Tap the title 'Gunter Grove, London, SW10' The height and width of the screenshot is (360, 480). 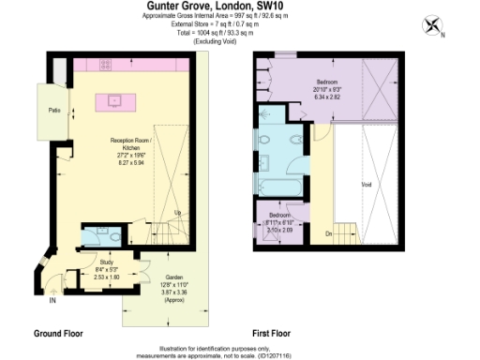tap(203, 6)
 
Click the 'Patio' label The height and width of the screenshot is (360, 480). tap(55, 110)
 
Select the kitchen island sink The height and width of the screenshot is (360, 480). tap(116, 98)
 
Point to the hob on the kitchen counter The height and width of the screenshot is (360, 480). tap(105, 65)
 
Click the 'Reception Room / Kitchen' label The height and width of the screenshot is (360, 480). tap(126, 145)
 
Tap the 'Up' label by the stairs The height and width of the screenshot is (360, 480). tap(178, 212)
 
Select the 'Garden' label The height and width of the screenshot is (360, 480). tap(174, 278)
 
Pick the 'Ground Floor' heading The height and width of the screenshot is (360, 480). tap(62, 333)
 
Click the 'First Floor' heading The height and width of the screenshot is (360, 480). tap(272, 333)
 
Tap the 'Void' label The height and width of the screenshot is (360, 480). tap(366, 185)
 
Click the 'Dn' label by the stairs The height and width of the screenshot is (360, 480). tap(328, 232)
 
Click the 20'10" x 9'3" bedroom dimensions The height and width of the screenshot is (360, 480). tap(328, 89)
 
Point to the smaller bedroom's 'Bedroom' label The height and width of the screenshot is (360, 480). tap(280, 215)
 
